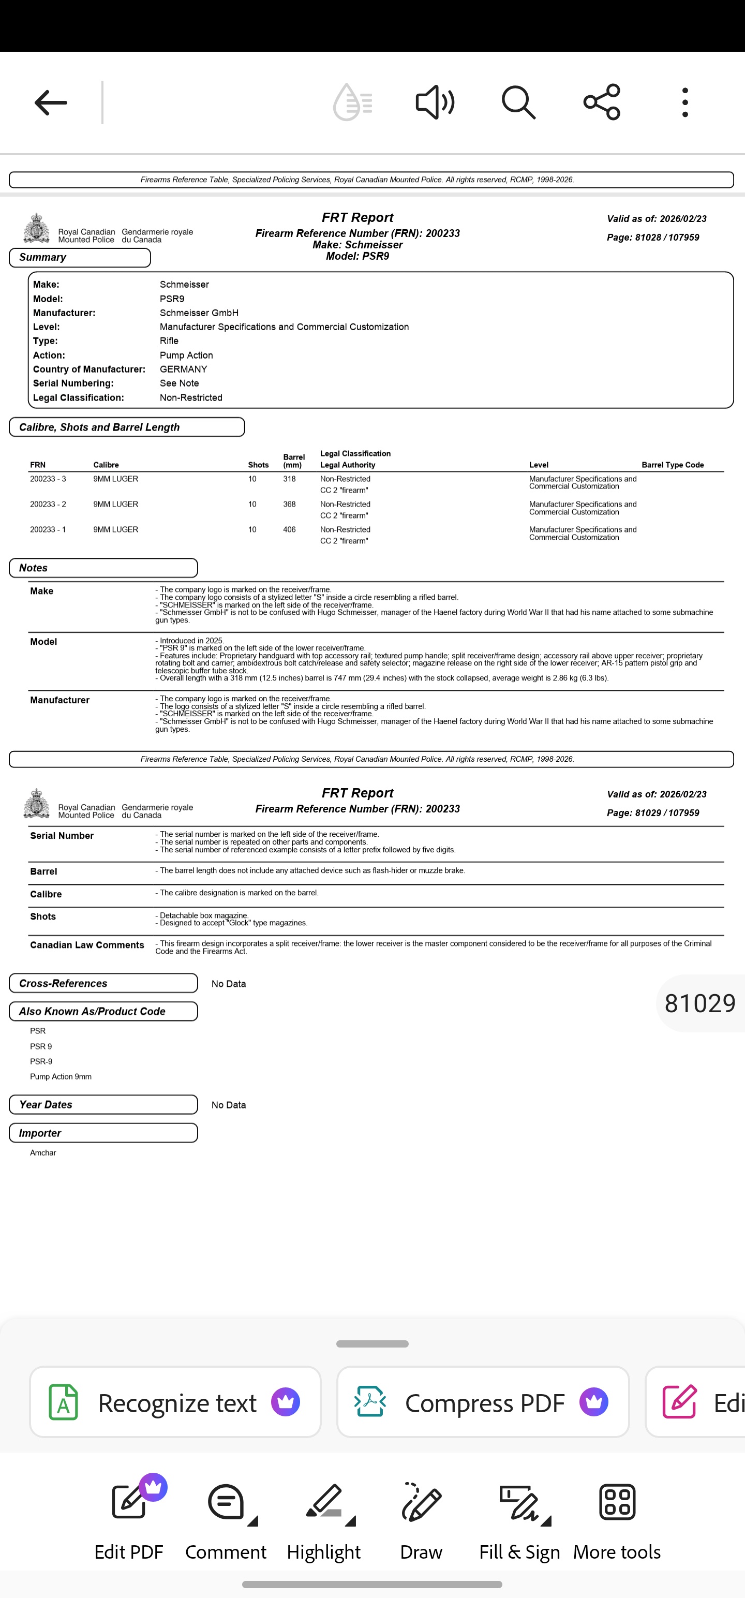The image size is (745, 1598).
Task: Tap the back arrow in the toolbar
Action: coord(51,102)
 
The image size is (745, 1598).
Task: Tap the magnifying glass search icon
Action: coord(518,102)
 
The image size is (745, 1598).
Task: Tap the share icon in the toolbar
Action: coord(602,102)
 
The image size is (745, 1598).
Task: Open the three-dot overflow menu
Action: coord(685,102)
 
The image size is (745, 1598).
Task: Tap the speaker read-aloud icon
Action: coord(435,102)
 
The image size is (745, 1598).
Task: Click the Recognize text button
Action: coord(175,1402)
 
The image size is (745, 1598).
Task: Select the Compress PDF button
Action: coord(483,1402)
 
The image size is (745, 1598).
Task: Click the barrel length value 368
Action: coord(289,505)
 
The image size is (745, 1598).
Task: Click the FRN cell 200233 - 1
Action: coord(48,530)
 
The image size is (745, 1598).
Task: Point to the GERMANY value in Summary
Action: coord(184,369)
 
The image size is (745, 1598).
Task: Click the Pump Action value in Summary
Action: coord(186,356)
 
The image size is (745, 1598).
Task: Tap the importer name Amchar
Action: coord(43,1152)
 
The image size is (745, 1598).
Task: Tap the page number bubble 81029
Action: coord(699,1003)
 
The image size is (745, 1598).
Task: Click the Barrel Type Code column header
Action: coord(673,465)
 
